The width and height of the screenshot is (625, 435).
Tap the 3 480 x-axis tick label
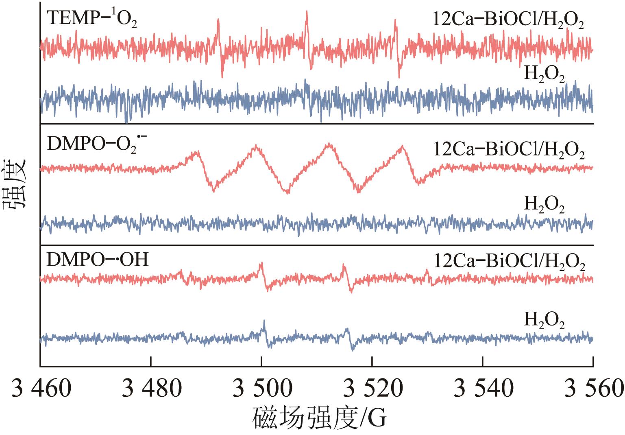coord(151,389)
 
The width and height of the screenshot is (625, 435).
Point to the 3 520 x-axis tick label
coord(372,389)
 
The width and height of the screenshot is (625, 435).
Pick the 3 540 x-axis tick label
coord(483,389)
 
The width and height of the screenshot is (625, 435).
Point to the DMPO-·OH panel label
coord(98,260)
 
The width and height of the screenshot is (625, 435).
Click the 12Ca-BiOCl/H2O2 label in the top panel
coord(508,21)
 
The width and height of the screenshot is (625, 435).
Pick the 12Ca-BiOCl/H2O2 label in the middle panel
coord(508,151)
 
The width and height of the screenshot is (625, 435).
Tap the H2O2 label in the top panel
coord(544,75)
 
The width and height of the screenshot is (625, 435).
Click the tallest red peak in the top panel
coord(307,12)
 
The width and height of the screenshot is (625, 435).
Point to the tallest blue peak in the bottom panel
coord(264,321)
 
